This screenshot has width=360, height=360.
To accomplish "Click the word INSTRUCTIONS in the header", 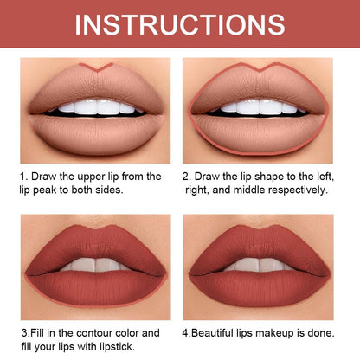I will pos(179,22).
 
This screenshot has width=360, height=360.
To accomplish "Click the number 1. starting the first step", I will pos(24,176).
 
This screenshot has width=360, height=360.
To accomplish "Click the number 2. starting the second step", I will pos(188,176).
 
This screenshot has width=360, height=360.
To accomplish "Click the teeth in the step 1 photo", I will pos(95,107).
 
